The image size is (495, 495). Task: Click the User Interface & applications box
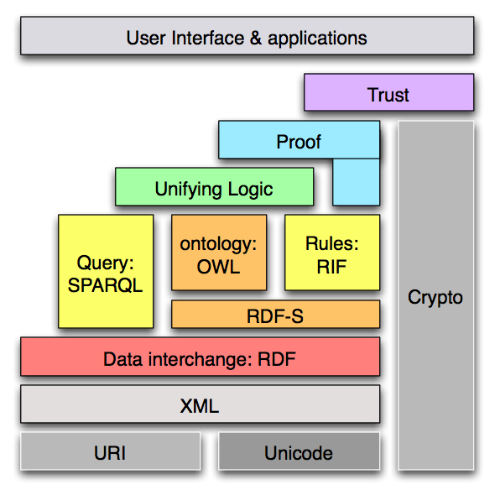pos(247,37)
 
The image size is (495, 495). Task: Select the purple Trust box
pos(388,94)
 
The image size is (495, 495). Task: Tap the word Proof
pos(299,142)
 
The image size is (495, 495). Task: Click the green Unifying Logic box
pos(214,188)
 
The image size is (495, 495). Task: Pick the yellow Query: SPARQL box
pos(106,271)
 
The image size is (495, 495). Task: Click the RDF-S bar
pos(275,315)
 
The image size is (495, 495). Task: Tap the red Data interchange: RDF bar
pos(200,359)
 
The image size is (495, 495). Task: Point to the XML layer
pos(200,406)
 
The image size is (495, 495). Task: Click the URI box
pos(110,453)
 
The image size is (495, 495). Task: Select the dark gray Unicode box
pos(299,453)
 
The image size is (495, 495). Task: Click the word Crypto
pos(435,298)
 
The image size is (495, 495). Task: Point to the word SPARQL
pos(106,284)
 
